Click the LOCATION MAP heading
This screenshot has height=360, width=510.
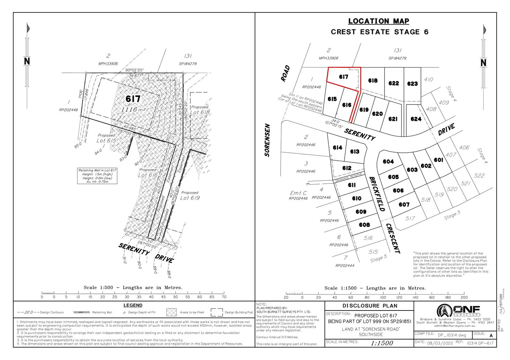tap(378, 21)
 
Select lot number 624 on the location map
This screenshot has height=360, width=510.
tap(416, 119)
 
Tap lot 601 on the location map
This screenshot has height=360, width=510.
tap(438, 160)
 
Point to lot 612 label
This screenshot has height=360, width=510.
tap(347, 168)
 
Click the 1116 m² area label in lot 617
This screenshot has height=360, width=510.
tap(133, 109)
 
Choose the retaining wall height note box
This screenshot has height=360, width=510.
tap(97, 176)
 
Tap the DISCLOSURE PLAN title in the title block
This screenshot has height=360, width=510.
tap(370, 306)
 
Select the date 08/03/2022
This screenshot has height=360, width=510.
tap(440, 343)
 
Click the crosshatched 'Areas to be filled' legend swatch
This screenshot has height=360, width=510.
tap(172, 312)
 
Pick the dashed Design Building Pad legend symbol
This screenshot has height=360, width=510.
tap(217, 312)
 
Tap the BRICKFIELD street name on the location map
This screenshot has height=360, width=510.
tap(377, 194)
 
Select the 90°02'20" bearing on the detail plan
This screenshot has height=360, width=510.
tap(134, 70)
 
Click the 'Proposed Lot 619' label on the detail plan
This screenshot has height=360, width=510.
tap(190, 196)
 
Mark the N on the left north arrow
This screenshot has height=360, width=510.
tap(27, 61)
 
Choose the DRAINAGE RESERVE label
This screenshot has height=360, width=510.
tap(349, 178)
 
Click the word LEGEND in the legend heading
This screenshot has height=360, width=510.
tap(133, 305)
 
